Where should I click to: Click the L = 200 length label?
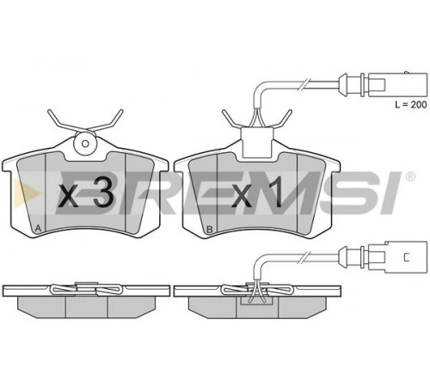click(x=410, y=105)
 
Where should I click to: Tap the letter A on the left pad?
click(x=38, y=229)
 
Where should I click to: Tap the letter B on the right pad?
click(x=210, y=229)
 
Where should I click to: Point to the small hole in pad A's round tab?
click(x=85, y=143)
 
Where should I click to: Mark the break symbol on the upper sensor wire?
click(x=304, y=85)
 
